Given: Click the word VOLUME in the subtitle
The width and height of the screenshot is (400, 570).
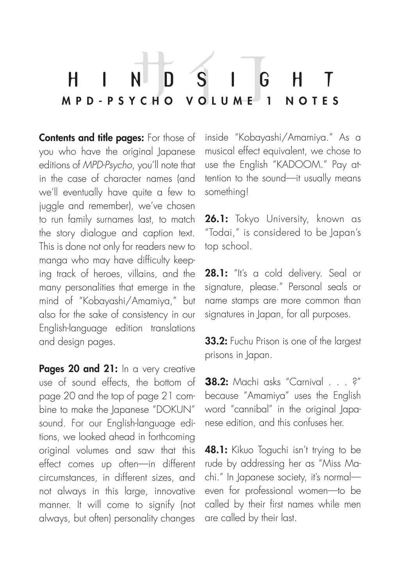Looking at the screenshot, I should (x=220, y=101).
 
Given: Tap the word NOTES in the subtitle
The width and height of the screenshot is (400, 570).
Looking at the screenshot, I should (x=312, y=101).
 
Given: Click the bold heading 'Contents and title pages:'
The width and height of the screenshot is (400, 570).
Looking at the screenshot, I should (x=92, y=138).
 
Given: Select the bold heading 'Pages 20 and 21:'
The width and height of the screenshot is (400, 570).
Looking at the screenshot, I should (x=79, y=369).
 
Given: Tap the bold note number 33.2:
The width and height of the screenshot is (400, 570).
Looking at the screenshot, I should (x=216, y=341).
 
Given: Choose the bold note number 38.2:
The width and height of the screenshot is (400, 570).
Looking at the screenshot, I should (x=216, y=382).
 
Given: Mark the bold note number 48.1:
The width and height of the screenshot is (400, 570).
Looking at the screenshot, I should (x=216, y=450).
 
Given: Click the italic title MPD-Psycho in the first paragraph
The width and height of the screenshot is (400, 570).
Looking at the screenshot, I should (x=107, y=165).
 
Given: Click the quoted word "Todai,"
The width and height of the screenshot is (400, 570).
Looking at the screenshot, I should (x=222, y=233).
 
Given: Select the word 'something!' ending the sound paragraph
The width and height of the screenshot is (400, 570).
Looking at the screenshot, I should (x=227, y=192).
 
